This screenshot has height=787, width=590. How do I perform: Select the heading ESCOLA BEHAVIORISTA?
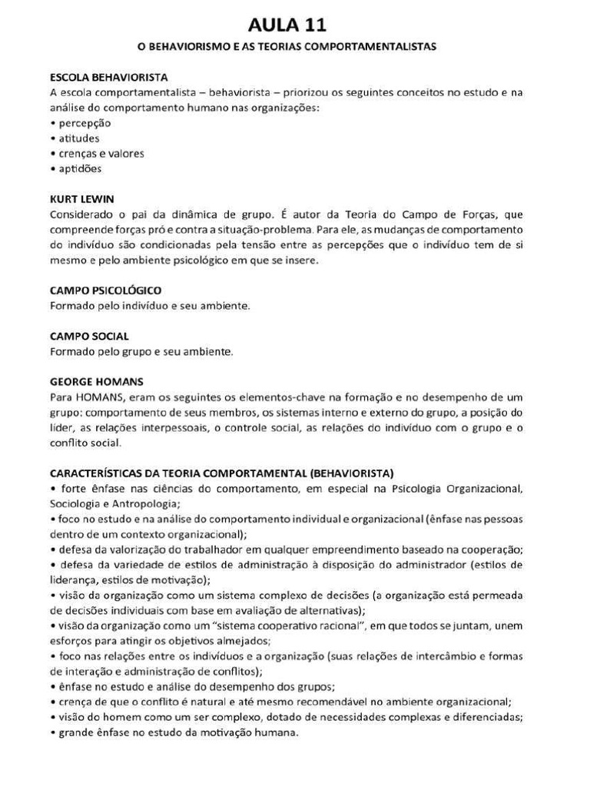coord(108,78)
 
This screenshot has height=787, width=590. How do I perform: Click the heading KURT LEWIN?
coord(81,199)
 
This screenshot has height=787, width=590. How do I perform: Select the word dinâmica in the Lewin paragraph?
coord(198,214)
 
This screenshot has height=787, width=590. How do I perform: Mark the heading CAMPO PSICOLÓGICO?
coord(105,291)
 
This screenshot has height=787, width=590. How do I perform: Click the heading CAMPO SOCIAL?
coord(89,336)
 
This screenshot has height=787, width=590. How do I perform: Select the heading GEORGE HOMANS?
coord(96,381)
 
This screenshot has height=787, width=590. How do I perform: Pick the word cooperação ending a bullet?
coord(492,549)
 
